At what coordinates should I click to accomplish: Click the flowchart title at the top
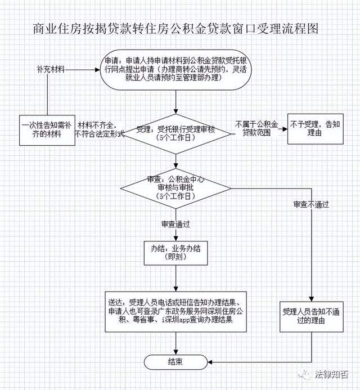pyautogui.click(x=179, y=29)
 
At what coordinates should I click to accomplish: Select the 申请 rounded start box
pyautogui.click(x=177, y=70)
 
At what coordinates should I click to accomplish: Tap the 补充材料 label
pyautogui.click(x=49, y=69)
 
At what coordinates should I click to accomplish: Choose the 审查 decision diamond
pyautogui.click(x=177, y=188)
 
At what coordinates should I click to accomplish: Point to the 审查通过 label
pyautogui.click(x=175, y=223)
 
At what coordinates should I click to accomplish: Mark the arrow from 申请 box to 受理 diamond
pyautogui.click(x=177, y=104)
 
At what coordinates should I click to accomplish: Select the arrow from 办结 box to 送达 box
pyautogui.click(x=177, y=278)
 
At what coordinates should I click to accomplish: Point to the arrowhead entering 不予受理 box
pyautogui.click(x=283, y=129)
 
